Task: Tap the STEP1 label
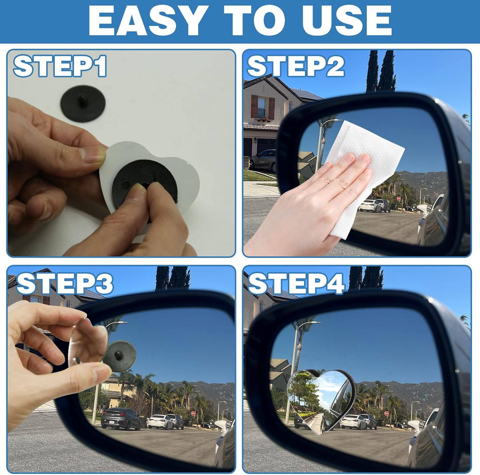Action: click(60, 66)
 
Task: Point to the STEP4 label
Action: click(296, 284)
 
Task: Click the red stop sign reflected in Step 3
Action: click(193, 413)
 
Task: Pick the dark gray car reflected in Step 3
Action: click(121, 419)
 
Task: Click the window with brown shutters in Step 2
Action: click(262, 107)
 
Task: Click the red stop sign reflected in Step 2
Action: click(399, 199)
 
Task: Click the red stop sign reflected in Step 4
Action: click(386, 413)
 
